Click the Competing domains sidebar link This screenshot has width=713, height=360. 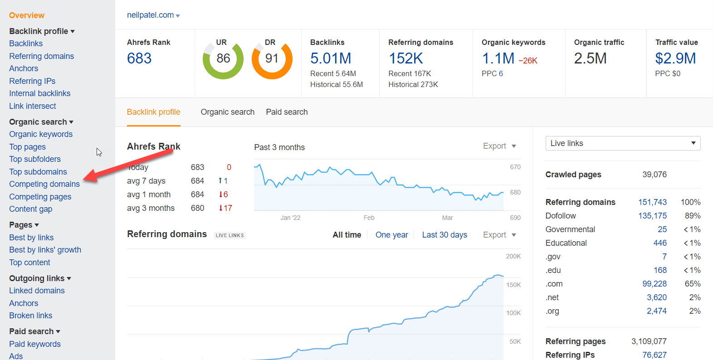44,184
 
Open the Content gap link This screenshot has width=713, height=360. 31,209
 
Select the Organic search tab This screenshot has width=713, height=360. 227,112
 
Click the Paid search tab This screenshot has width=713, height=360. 287,112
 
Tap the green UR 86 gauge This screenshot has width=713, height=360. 223,59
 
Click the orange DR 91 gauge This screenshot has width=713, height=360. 272,59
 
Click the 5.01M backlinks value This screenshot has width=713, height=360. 331,58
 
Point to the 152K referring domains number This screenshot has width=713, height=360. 405,58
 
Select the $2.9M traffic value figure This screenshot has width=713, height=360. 675,58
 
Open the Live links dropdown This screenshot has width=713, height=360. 622,143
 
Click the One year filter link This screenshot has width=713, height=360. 391,235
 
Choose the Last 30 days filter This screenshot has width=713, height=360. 444,235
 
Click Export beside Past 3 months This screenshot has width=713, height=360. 499,146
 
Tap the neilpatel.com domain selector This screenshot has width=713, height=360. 153,15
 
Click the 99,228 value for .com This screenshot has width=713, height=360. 654,284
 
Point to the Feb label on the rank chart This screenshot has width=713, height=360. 369,218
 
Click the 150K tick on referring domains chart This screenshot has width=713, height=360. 513,285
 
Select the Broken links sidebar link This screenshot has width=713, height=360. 31,316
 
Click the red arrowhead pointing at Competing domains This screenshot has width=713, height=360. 90,176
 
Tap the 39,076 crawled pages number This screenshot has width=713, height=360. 654,175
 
